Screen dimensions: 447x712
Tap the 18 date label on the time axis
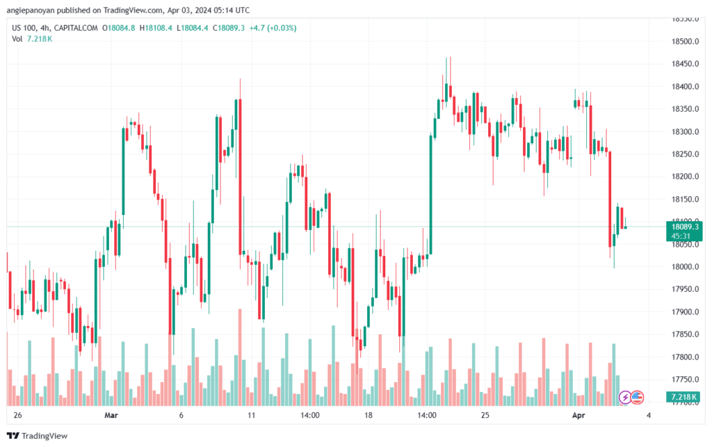(x=369, y=415)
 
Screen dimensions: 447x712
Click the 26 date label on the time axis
(x=17, y=415)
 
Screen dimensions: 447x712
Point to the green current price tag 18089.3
(x=685, y=227)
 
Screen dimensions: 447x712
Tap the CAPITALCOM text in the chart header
(x=76, y=28)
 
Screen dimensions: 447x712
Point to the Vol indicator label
(x=17, y=39)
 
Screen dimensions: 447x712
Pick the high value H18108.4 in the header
(x=156, y=28)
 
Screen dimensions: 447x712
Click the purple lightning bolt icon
(x=624, y=397)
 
